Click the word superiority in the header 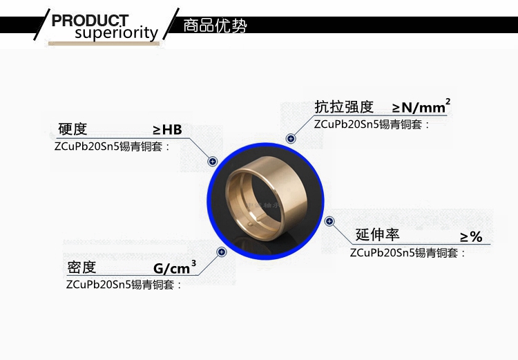[116, 33]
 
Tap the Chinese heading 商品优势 [215, 27]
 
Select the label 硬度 [73, 129]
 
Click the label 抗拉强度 [344, 107]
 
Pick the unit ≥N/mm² [421, 106]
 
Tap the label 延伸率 [377, 235]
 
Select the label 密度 [81, 267]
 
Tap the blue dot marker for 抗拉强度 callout [291, 139]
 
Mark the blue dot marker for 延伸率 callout [329, 221]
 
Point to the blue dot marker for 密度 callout [222, 252]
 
